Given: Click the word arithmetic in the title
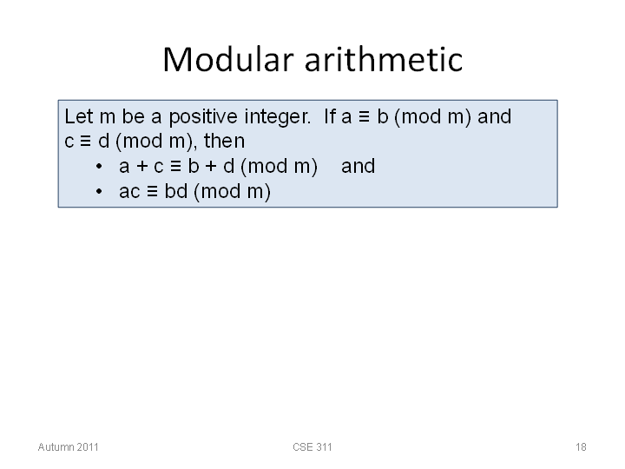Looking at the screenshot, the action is click(x=384, y=59).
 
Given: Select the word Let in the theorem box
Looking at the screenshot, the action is click(x=79, y=116).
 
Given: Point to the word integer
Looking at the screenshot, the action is click(x=278, y=117).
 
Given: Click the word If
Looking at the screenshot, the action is click(x=330, y=116).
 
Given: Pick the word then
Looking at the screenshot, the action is click(x=225, y=141).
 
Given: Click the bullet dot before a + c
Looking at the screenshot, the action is click(x=99, y=166).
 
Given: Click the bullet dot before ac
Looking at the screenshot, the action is click(x=99, y=191).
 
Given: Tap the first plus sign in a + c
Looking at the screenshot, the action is click(x=141, y=167).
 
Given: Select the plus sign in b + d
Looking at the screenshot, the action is click(x=211, y=167).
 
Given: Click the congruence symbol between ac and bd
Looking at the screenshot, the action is click(x=152, y=191).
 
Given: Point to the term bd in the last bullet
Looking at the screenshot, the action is click(x=175, y=191).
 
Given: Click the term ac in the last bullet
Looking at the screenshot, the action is click(x=129, y=192).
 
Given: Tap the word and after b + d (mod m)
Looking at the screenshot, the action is click(x=358, y=166).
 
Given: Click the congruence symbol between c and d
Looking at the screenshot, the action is click(x=86, y=142).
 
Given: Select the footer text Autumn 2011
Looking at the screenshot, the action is click(x=69, y=447).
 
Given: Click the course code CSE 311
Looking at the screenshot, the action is click(x=312, y=447).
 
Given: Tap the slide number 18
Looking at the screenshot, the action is click(x=581, y=447).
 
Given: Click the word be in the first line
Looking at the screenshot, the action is click(x=133, y=116).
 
